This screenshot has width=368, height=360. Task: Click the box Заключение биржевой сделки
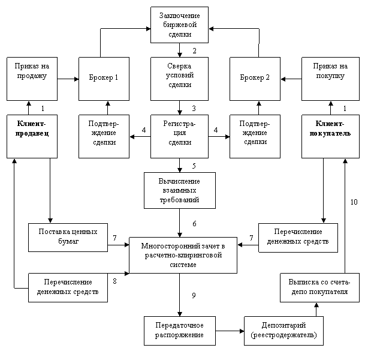[x=179, y=25]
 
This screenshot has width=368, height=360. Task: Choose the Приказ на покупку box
[x=330, y=78]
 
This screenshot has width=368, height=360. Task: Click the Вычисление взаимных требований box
[x=179, y=190]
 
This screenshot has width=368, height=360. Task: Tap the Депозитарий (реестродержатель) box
[x=284, y=329]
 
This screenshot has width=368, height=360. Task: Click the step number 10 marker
[x=355, y=202]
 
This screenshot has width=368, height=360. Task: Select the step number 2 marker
[x=194, y=50]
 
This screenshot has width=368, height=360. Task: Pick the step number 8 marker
[x=114, y=280]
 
